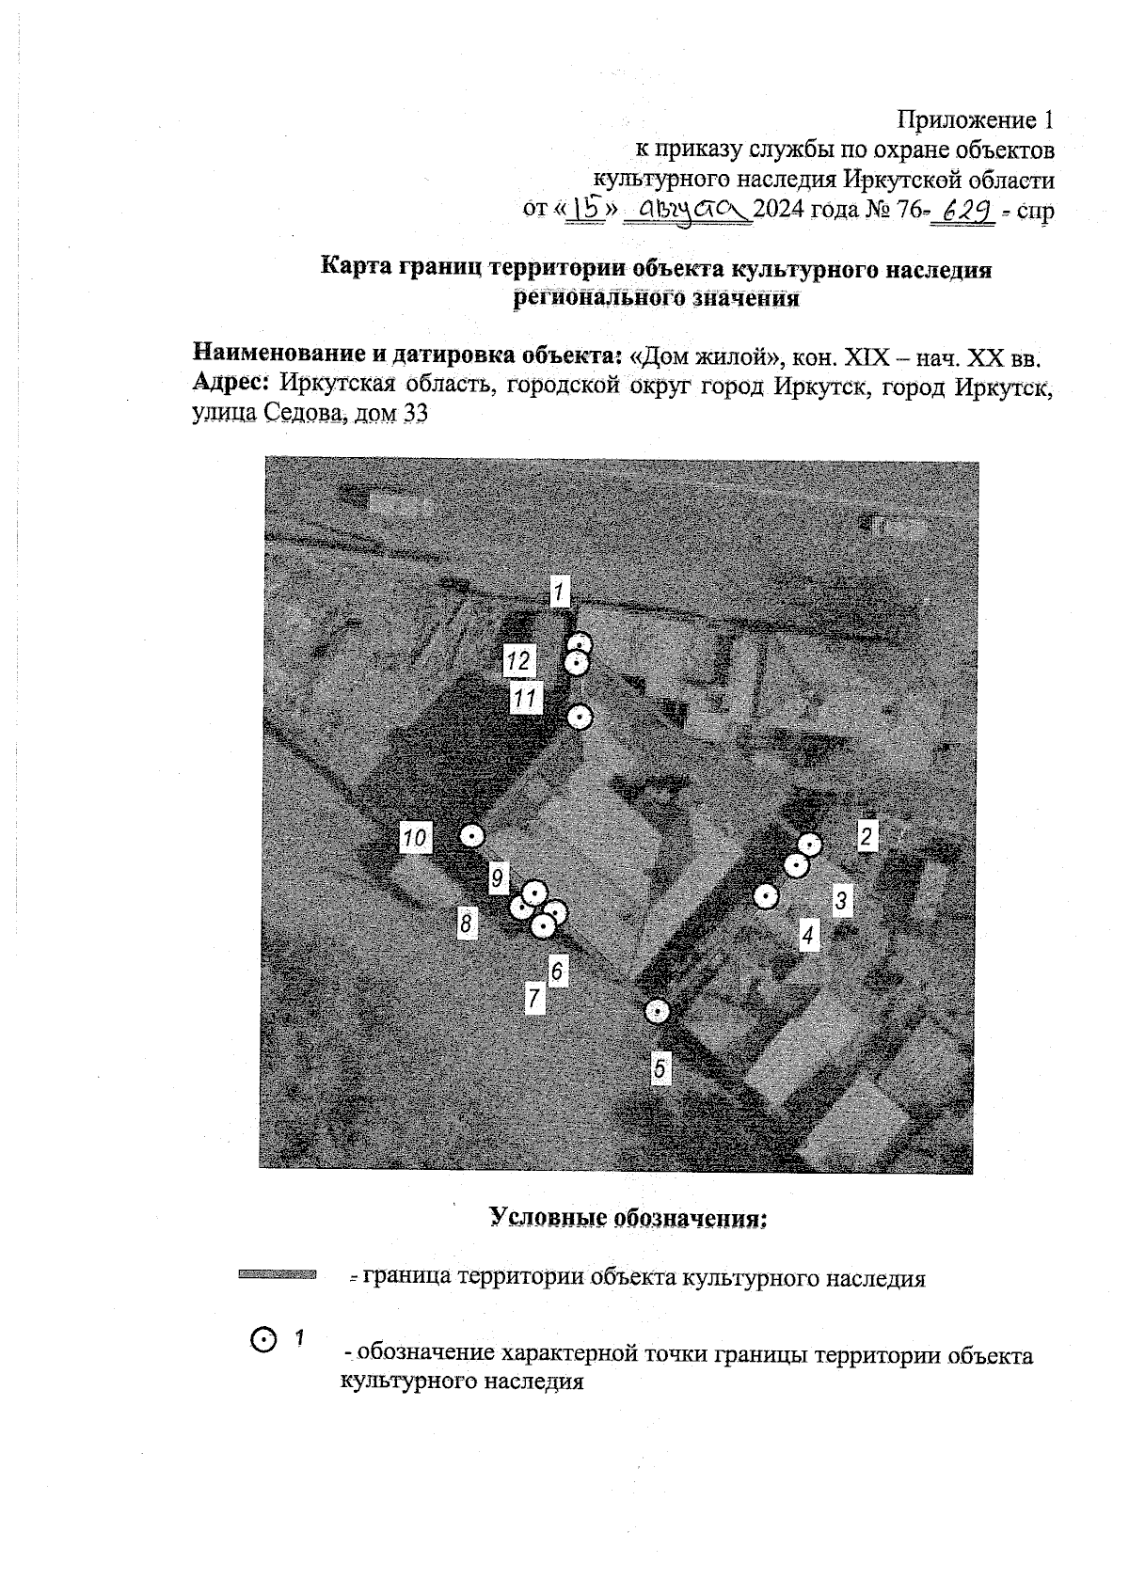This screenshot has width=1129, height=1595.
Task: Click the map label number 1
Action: pyautogui.click(x=559, y=592)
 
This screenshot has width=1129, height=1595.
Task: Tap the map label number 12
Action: pyautogui.click(x=517, y=661)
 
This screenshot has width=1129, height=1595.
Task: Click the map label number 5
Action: pyautogui.click(x=660, y=1068)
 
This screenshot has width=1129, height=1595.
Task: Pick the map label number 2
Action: pyautogui.click(x=867, y=836)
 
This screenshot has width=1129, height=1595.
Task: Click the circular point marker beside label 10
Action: pyautogui.click(x=471, y=835)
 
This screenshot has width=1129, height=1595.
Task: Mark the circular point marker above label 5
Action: pyautogui.click(x=658, y=1012)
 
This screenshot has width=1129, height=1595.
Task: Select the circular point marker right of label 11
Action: pyautogui.click(x=580, y=718)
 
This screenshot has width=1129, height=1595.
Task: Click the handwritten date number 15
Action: pyautogui.click(x=585, y=209)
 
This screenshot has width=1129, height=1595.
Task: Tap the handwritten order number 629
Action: pyautogui.click(x=962, y=211)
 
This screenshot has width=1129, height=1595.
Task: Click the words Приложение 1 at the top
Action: pyautogui.click(x=975, y=120)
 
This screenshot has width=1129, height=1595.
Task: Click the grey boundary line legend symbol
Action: pyautogui.click(x=277, y=1275)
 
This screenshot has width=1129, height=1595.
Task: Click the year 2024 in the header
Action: pyautogui.click(x=779, y=210)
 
